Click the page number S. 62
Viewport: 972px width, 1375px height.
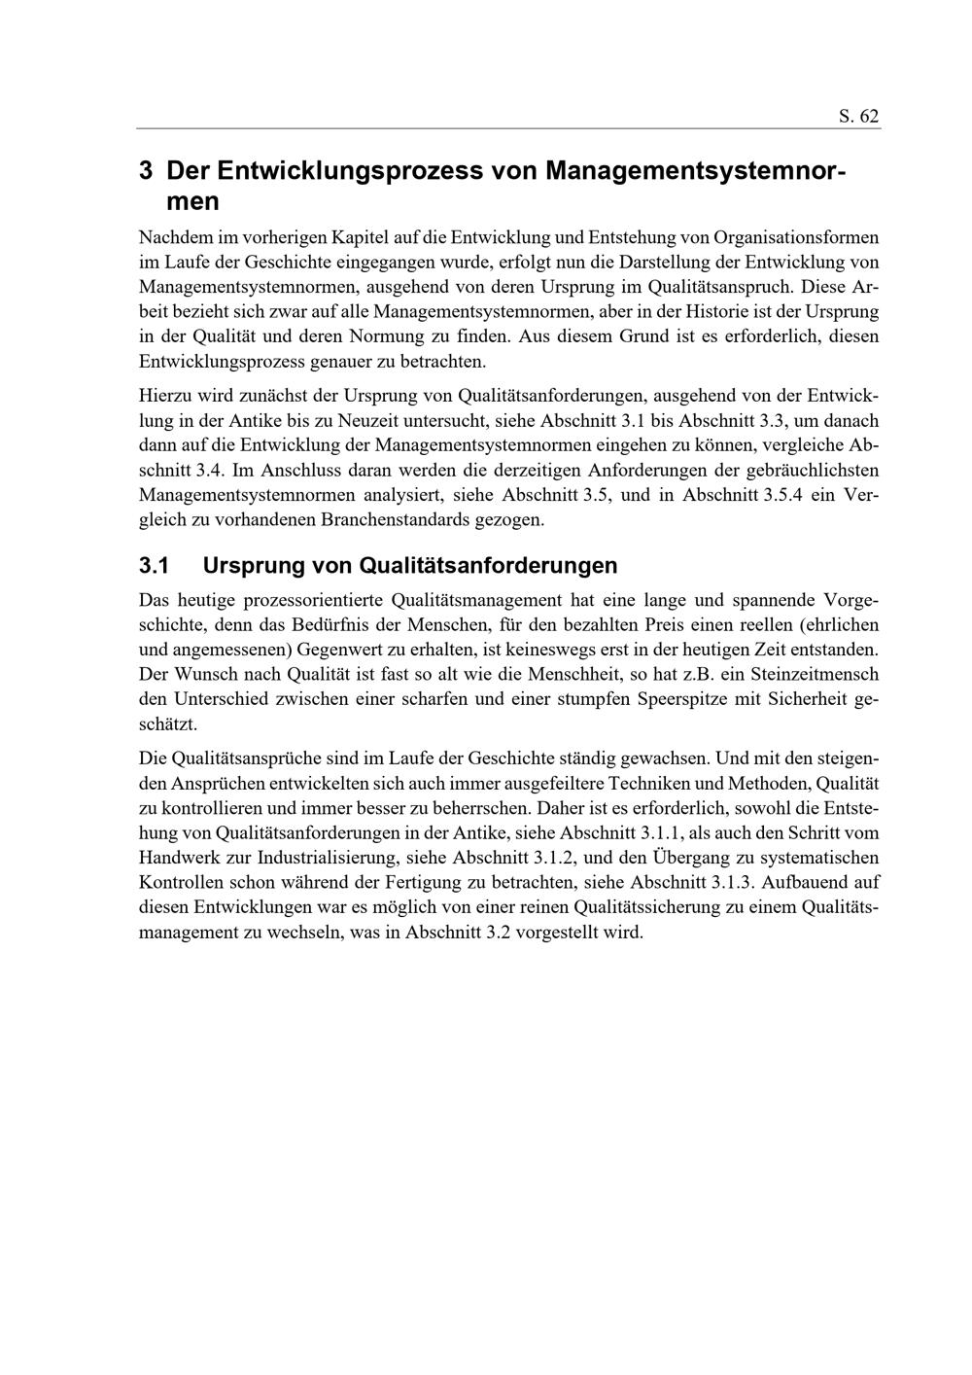pos(858,116)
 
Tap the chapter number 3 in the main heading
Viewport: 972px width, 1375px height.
pos(146,171)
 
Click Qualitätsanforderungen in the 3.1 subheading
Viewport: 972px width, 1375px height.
pos(488,566)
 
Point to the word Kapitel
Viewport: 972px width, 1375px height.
pos(361,237)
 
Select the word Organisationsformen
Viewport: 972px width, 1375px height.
pos(796,237)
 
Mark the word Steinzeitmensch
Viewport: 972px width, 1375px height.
pos(815,674)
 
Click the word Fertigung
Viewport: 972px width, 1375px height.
pos(529,883)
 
